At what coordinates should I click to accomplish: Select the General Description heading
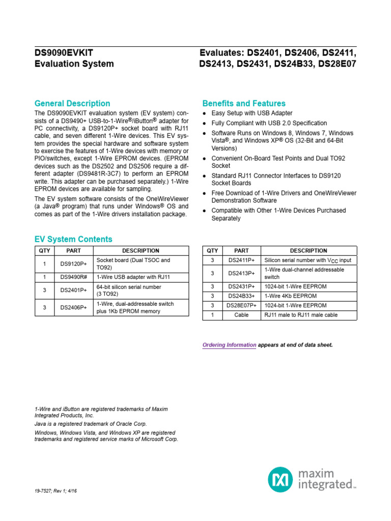(72, 103)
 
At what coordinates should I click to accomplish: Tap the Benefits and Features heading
(244, 103)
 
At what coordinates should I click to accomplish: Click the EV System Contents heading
(73, 239)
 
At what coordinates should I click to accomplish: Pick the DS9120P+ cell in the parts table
(73, 264)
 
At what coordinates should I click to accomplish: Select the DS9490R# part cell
(73, 277)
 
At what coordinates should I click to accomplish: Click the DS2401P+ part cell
(73, 291)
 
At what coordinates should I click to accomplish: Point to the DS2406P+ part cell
(73, 308)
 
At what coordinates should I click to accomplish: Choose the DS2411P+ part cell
(241, 260)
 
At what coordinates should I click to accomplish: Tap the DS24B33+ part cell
(241, 296)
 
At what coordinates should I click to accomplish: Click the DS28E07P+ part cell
(241, 305)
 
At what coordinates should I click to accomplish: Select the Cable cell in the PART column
(241, 315)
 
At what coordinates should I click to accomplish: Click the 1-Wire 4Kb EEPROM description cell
(290, 296)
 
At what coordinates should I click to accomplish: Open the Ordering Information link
(229, 345)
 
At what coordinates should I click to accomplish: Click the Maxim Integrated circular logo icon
(281, 480)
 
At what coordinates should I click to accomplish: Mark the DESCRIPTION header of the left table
(141, 250)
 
